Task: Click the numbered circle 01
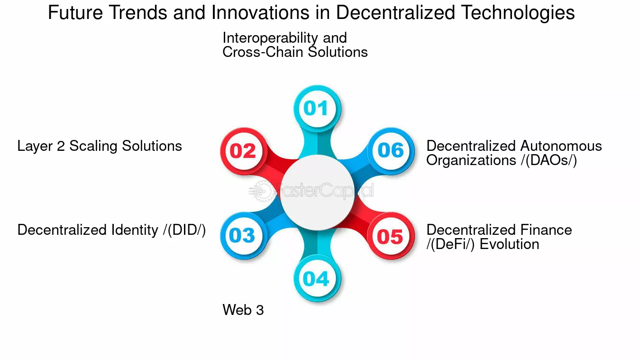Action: [x=317, y=109]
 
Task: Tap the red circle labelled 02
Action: [x=244, y=151]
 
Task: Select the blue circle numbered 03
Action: [x=244, y=236]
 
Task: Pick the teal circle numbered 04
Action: [x=317, y=278]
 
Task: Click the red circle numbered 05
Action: [x=391, y=236]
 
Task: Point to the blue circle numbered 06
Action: [x=391, y=151]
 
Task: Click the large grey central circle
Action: [x=317, y=193]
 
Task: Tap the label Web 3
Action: [x=243, y=310]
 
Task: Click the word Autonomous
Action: [x=561, y=146]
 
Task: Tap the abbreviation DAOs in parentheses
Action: [x=549, y=160]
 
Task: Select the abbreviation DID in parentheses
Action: [x=184, y=231]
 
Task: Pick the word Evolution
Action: [x=510, y=244]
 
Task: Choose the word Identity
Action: [x=135, y=231]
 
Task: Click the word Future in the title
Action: [x=75, y=13]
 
